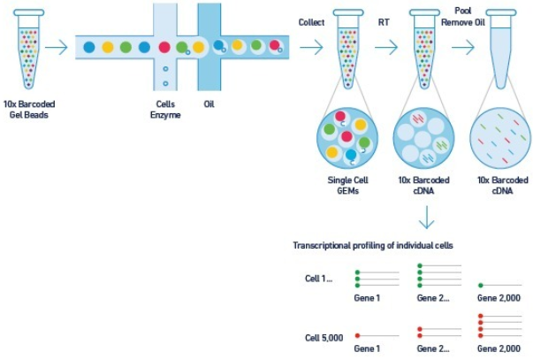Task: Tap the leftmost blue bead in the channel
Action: pos(88,46)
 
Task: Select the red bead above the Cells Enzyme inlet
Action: pos(164,46)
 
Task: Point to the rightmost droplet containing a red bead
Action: pos(276,46)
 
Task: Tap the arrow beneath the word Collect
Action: pos(310,47)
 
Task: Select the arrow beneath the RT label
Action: pos(386,47)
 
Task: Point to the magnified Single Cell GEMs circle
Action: pos(346,139)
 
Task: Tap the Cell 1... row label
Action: pos(320,279)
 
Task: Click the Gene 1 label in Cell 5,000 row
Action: pos(368,350)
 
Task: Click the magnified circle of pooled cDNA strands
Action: pos(501,139)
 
